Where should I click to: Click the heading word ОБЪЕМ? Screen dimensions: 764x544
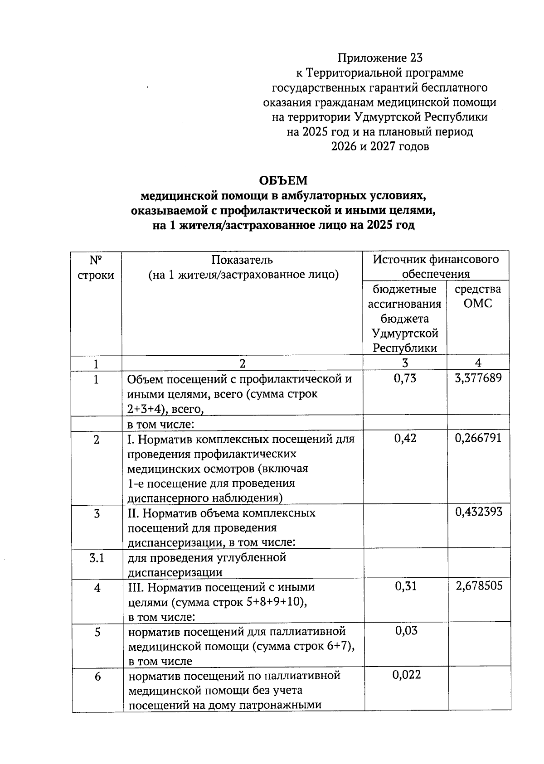click(x=283, y=181)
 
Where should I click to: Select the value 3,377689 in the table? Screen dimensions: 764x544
click(x=478, y=378)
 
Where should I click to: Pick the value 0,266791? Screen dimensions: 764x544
click(x=478, y=438)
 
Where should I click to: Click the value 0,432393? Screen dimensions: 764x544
click(x=479, y=512)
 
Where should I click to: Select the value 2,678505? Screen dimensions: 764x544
click(x=479, y=586)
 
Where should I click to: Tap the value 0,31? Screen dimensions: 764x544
click(x=405, y=586)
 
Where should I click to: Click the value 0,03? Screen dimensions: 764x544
click(x=406, y=630)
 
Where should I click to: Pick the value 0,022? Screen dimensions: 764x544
click(x=406, y=675)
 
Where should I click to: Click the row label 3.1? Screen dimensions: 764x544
click(x=97, y=558)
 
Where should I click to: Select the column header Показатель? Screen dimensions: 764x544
click(x=242, y=260)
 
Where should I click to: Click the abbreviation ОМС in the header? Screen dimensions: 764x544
click(x=478, y=303)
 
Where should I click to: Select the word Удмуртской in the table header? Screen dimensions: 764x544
click(x=405, y=334)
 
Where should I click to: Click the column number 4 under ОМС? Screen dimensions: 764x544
click(x=478, y=363)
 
